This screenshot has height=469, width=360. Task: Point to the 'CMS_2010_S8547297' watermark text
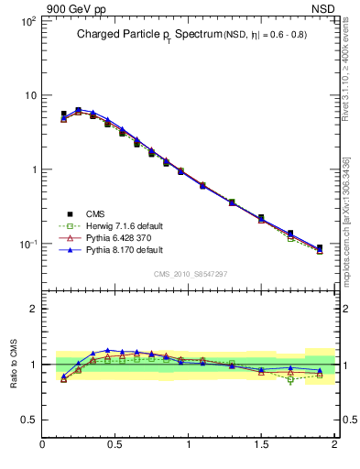pyautogui.click(x=191, y=274)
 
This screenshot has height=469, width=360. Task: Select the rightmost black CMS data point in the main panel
pyautogui.click(x=320, y=248)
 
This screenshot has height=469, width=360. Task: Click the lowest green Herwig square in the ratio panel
pyautogui.click(x=290, y=379)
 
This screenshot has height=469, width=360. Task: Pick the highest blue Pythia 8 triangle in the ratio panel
pyautogui.click(x=108, y=350)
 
